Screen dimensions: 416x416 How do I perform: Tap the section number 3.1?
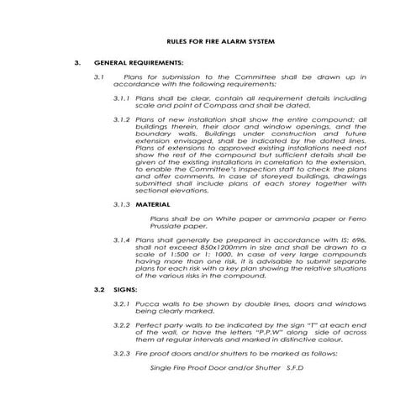click(x=98, y=77)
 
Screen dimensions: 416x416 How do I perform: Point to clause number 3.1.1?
click(x=123, y=98)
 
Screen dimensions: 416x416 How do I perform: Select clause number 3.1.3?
click(x=123, y=205)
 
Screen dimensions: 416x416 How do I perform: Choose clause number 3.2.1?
click(x=123, y=303)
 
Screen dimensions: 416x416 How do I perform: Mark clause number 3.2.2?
click(x=123, y=325)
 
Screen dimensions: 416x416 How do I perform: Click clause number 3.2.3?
click(x=123, y=353)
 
